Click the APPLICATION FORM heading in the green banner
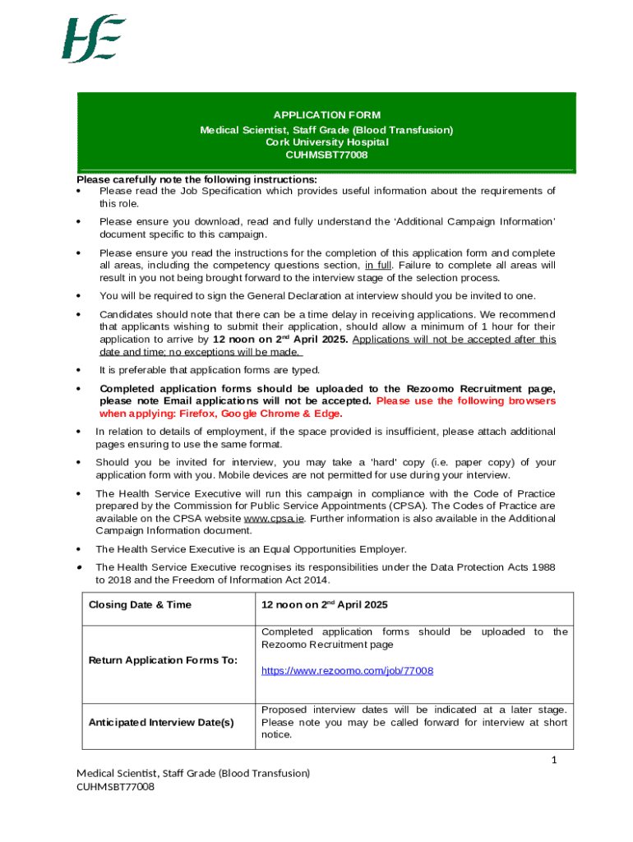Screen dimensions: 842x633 pos(326,115)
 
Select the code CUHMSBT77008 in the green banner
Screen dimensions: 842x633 pos(326,155)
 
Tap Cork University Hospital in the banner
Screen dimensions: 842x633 pos(326,142)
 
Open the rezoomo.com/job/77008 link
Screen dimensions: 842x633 pos(347,671)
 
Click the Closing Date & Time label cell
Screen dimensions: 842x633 pos(140,605)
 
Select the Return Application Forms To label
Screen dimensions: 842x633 pos(163,660)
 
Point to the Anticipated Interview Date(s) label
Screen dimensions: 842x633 pos(161,723)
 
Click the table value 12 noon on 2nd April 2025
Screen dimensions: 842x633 pos(324,605)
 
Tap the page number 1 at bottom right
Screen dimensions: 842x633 pos(554,761)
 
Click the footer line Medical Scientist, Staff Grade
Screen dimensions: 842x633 pos(193,773)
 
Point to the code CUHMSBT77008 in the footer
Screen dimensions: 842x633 pos(115,787)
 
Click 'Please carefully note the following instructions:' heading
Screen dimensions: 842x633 pos(196,179)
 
